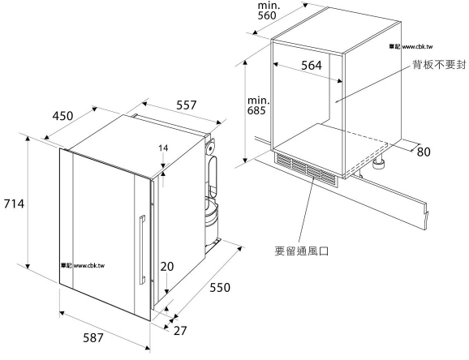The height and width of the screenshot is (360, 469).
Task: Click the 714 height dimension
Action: pos(14,204)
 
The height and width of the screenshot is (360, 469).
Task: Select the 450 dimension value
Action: pos(62,115)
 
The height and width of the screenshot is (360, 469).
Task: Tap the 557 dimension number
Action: pos(187,105)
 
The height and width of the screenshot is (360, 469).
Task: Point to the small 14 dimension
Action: pos(163,148)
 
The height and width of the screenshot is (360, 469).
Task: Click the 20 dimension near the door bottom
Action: pos(167,266)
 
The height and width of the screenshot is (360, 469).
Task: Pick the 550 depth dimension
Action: pos(220,287)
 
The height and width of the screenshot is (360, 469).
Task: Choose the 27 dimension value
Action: pos(180,331)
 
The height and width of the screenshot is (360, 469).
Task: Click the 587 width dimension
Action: pos(93,338)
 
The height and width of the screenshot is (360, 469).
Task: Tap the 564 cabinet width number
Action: pos(312,65)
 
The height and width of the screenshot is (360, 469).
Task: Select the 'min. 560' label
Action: pos(269,11)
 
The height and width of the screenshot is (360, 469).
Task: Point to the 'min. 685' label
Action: pos(258,105)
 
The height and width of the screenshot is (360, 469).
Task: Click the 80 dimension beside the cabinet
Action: pos(424,152)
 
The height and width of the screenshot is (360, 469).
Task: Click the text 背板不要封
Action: pos(439,65)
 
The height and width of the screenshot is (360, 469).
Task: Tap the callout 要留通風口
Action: pos(302,251)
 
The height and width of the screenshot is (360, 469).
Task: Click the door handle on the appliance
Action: pos(142,250)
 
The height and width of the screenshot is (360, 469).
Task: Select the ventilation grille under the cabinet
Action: pos(306,168)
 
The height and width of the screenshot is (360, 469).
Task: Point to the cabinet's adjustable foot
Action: pos(379,163)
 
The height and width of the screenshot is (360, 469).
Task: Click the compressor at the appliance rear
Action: pos(212,216)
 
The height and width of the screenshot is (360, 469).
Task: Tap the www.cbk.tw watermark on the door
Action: pos(83,265)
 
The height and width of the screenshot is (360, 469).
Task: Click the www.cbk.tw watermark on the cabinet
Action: pos(411,46)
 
